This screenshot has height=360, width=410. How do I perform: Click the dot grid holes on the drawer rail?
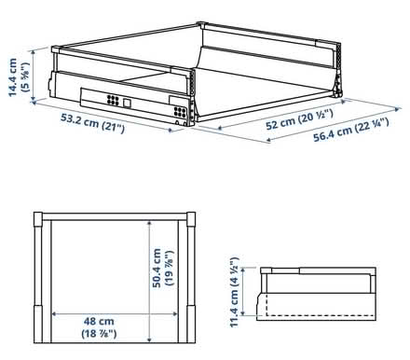point(112,100)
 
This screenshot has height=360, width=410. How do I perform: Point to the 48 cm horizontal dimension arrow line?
point(113,312)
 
